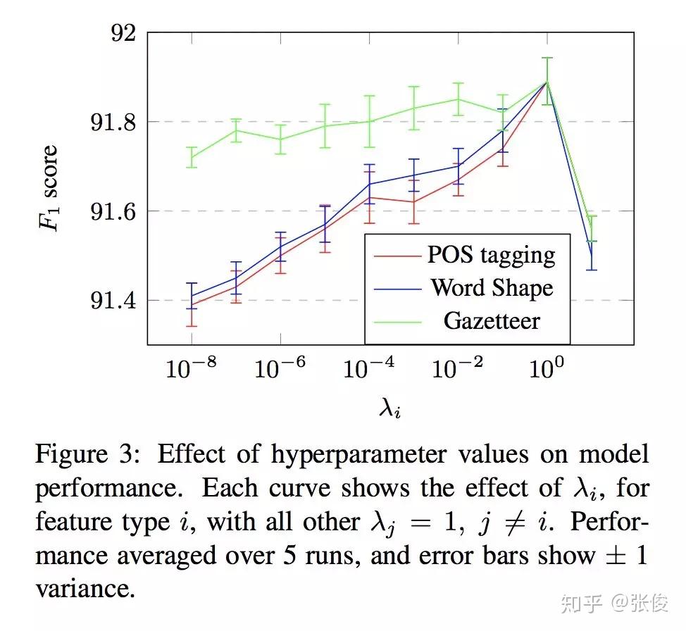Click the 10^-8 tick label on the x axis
click(191, 368)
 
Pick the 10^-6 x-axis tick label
click(280, 368)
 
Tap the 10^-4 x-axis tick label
click(368, 368)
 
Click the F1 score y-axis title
click(48, 189)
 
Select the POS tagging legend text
click(491, 254)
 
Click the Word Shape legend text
click(491, 287)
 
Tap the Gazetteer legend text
click(491, 320)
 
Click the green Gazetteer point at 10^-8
click(192, 157)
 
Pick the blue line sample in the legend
click(396, 288)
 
